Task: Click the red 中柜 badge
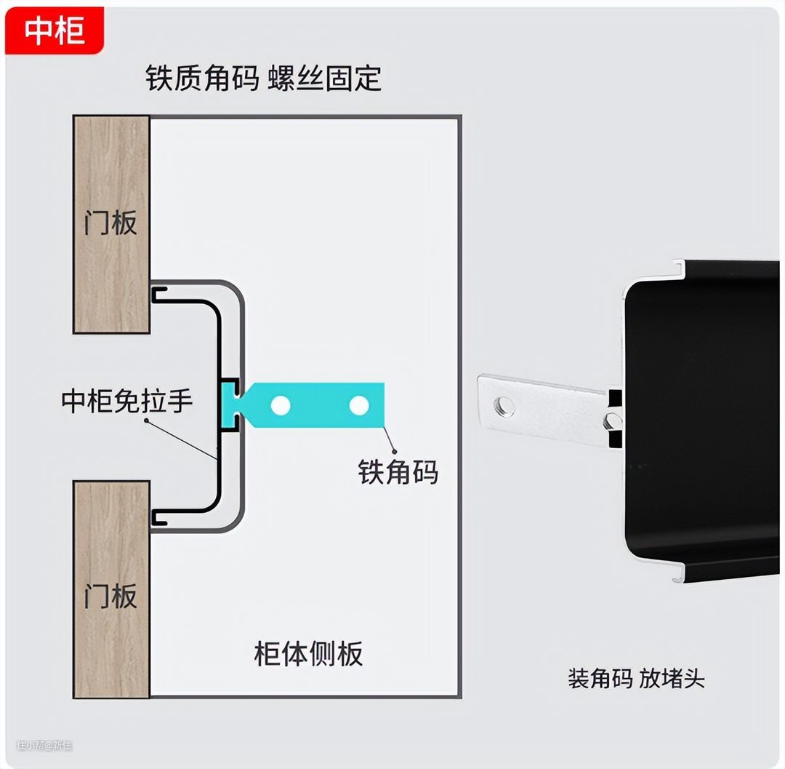pos(55,31)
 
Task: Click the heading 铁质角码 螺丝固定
pos(263,79)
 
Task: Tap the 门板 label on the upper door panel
pos(110,222)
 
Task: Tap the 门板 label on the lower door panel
pos(110,595)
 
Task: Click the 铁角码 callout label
pos(398,472)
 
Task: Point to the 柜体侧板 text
pos(308,653)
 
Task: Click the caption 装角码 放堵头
pos(636,679)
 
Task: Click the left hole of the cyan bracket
pos(281,406)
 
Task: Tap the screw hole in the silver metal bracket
pos(504,406)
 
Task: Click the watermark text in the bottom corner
pos(44,745)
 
